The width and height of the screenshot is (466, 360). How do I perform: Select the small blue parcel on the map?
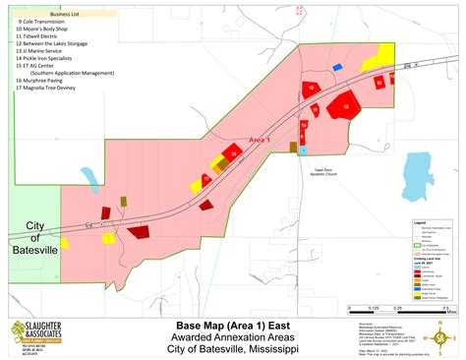(337, 67)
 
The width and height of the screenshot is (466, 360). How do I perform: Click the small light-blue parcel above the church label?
(304, 150)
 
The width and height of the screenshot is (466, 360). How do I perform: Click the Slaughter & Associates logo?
(37, 337)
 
